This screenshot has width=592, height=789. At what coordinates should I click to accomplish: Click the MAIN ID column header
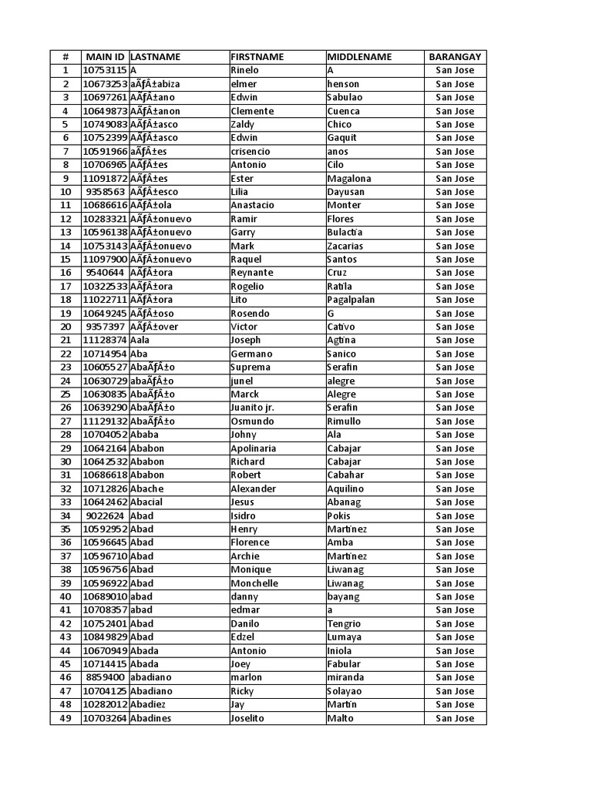(x=105, y=57)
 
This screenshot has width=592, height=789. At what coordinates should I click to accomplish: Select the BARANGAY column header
(x=455, y=57)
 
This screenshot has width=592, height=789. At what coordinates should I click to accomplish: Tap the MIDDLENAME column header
(x=359, y=57)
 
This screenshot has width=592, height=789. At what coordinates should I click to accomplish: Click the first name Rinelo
(x=245, y=70)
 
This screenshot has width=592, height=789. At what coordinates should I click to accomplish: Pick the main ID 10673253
(x=105, y=84)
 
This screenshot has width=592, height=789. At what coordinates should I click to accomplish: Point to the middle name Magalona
(x=349, y=179)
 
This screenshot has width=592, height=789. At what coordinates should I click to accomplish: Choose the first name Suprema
(x=251, y=368)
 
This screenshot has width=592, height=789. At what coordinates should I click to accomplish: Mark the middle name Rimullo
(x=344, y=421)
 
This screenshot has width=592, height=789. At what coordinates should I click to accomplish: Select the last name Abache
(x=147, y=489)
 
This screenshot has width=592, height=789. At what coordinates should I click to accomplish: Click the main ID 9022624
(x=105, y=516)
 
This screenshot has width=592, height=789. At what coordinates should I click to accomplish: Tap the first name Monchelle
(x=254, y=583)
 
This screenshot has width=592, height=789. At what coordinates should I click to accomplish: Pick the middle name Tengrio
(x=344, y=624)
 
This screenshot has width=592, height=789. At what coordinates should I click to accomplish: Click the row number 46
(x=66, y=678)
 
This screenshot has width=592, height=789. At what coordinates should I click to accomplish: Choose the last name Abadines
(x=152, y=719)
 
